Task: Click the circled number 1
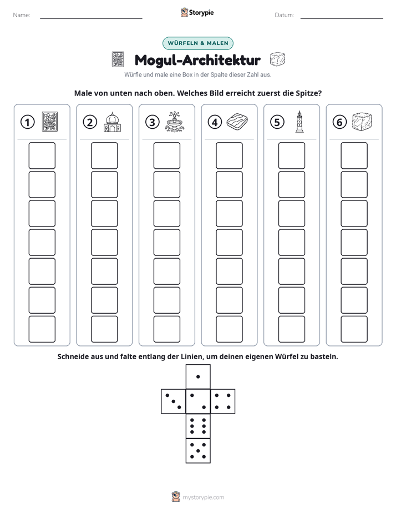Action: click(x=27, y=122)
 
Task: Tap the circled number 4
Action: click(x=215, y=122)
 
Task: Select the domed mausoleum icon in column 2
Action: click(x=112, y=122)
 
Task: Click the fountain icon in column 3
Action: click(x=175, y=122)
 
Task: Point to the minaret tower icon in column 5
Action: click(x=299, y=122)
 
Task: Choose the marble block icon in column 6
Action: click(x=362, y=122)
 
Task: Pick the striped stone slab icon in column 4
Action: click(x=237, y=122)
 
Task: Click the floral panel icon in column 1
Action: click(x=50, y=122)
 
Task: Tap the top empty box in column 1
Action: click(x=42, y=155)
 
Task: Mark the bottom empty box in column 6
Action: click(x=354, y=329)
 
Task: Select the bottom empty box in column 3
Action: click(x=166, y=329)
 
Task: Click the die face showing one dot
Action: click(x=198, y=377)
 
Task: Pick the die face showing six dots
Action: click(x=198, y=426)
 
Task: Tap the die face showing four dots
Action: click(x=223, y=401)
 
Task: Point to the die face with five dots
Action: click(x=198, y=451)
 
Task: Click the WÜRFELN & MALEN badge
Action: click(x=198, y=43)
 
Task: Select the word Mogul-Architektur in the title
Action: click(x=197, y=60)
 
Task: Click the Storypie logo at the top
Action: click(x=197, y=13)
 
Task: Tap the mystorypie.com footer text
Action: click(x=203, y=497)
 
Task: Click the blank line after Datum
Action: click(x=342, y=18)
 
